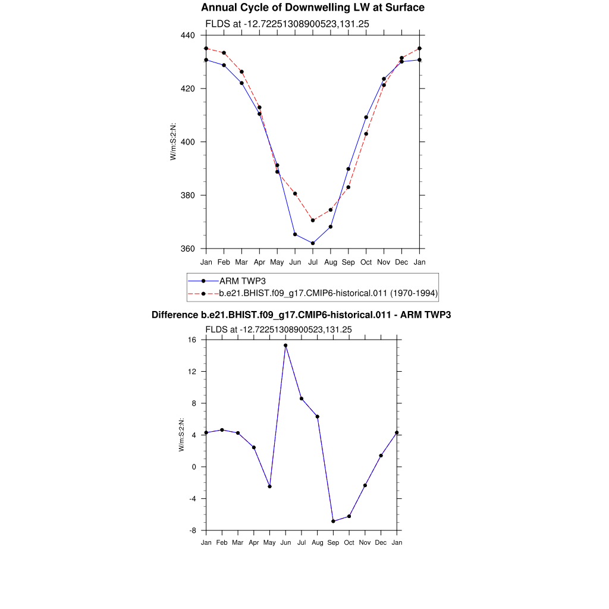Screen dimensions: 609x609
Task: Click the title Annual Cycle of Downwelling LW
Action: (x=313, y=8)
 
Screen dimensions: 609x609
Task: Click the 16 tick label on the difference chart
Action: (x=192, y=340)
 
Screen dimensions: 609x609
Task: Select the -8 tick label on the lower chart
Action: (x=192, y=530)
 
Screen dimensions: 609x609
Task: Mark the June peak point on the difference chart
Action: (x=285, y=346)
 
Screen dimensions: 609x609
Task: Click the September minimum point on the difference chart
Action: (x=333, y=521)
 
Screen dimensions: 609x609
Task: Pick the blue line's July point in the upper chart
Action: (x=313, y=243)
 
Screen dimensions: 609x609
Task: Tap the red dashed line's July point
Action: (x=313, y=220)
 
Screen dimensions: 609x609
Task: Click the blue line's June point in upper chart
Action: (x=295, y=234)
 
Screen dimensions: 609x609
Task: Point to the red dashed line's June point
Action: (x=295, y=194)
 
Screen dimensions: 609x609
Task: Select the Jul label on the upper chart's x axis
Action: (x=313, y=262)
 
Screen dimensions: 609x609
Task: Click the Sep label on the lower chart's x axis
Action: (x=333, y=542)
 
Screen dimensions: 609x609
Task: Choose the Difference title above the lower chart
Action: (x=301, y=315)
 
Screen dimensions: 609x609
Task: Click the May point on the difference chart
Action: (x=269, y=486)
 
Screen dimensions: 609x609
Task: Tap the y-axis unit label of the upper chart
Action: (x=174, y=142)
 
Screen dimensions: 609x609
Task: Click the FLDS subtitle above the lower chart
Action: (x=278, y=329)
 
